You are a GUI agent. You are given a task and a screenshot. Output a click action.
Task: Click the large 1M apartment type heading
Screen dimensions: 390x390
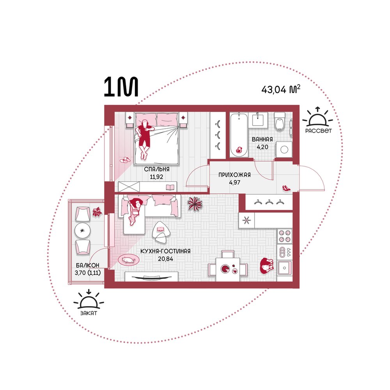tap(121, 87)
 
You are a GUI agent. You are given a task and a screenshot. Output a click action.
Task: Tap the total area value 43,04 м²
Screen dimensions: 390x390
tap(281, 89)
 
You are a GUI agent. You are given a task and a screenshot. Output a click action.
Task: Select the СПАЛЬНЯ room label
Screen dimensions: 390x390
tap(157, 169)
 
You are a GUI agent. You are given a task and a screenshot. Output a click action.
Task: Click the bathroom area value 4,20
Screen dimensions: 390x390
tap(262, 147)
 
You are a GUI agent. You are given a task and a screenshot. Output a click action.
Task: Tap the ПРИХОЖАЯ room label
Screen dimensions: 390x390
tap(234, 175)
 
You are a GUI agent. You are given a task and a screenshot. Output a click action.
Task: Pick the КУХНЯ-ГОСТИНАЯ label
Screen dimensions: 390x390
tap(165, 251)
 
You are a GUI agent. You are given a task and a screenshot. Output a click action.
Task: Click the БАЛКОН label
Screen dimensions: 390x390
tap(87, 265)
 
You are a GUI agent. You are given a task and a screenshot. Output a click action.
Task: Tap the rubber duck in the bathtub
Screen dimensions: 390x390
tap(239, 150)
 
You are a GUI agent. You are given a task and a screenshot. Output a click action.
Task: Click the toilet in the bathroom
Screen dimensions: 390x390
tap(280, 121)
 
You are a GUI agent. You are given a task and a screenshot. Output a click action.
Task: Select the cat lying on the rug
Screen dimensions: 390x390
tap(129, 260)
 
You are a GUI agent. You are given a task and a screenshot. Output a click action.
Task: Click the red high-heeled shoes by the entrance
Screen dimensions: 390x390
tap(286, 188)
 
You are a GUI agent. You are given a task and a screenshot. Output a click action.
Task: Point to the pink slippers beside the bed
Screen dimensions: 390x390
tap(125, 160)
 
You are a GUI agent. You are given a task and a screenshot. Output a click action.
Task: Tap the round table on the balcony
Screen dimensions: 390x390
tap(82, 230)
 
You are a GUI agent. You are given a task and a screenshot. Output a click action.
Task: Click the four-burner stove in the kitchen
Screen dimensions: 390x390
tap(285, 236)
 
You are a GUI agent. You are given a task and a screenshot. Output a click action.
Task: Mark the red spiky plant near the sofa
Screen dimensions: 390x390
tap(195, 204)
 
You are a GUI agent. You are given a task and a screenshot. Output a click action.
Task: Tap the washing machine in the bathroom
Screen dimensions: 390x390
tap(284, 149)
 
